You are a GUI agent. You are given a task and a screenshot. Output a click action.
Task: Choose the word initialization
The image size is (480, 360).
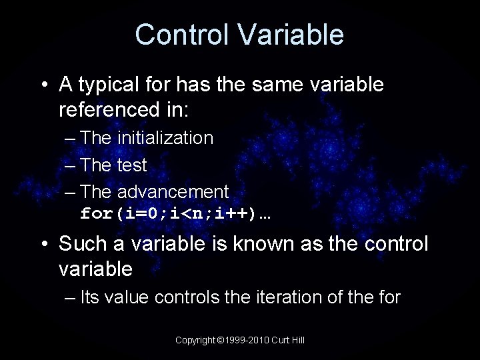(165, 138)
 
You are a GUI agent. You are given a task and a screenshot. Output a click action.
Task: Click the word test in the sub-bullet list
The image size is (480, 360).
(132, 165)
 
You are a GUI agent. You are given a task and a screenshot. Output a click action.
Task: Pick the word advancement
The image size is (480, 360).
(173, 192)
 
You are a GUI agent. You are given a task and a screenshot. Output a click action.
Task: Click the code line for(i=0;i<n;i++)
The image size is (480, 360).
(179, 215)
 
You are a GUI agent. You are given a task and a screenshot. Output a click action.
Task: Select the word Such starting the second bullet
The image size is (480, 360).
(81, 244)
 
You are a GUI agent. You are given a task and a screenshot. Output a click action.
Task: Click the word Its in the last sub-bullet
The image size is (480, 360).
(89, 297)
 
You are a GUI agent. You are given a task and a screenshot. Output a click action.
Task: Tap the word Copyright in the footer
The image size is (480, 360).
(195, 340)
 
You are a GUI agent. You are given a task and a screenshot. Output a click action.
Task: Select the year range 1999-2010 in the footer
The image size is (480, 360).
(245, 340)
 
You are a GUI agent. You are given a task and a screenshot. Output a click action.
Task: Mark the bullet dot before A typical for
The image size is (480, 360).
(44, 85)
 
